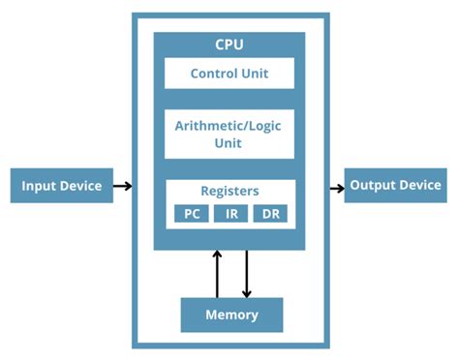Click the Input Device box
[60, 186]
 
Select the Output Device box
[395, 185]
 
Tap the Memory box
[231, 315]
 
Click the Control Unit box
[229, 74]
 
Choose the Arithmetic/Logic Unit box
[229, 134]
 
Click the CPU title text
[229, 45]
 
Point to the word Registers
[229, 191]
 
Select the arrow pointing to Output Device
[336, 186]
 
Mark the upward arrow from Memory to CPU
[217, 274]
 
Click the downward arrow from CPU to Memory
[246, 274]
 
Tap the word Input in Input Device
[37, 186]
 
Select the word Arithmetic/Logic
[229, 126]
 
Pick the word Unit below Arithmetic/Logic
[229, 143]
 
